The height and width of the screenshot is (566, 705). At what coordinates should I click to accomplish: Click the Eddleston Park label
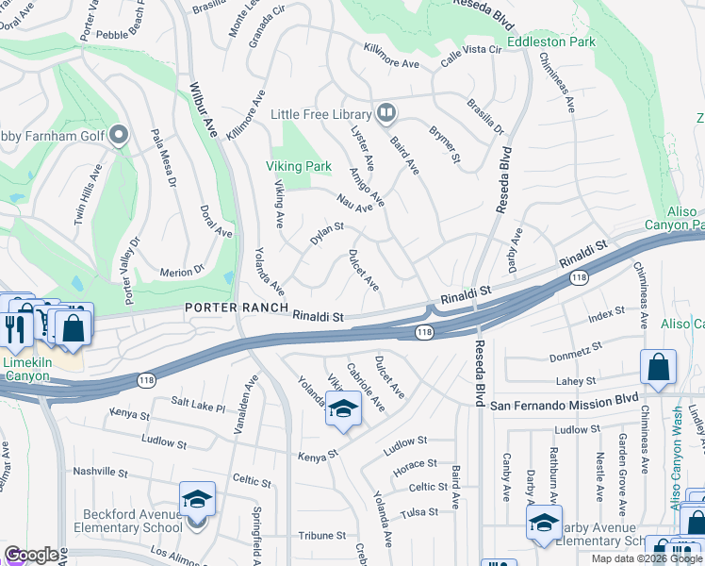click(551, 42)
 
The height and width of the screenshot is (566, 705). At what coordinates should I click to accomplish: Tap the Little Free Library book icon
click(385, 114)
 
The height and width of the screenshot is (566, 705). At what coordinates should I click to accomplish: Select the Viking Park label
click(299, 166)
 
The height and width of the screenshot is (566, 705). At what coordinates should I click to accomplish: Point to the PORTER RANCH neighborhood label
click(234, 308)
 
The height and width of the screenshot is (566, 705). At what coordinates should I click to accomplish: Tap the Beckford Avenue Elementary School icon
click(198, 498)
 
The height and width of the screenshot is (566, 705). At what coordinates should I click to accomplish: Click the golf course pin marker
click(119, 137)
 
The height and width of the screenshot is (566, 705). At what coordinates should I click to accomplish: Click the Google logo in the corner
click(31, 555)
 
